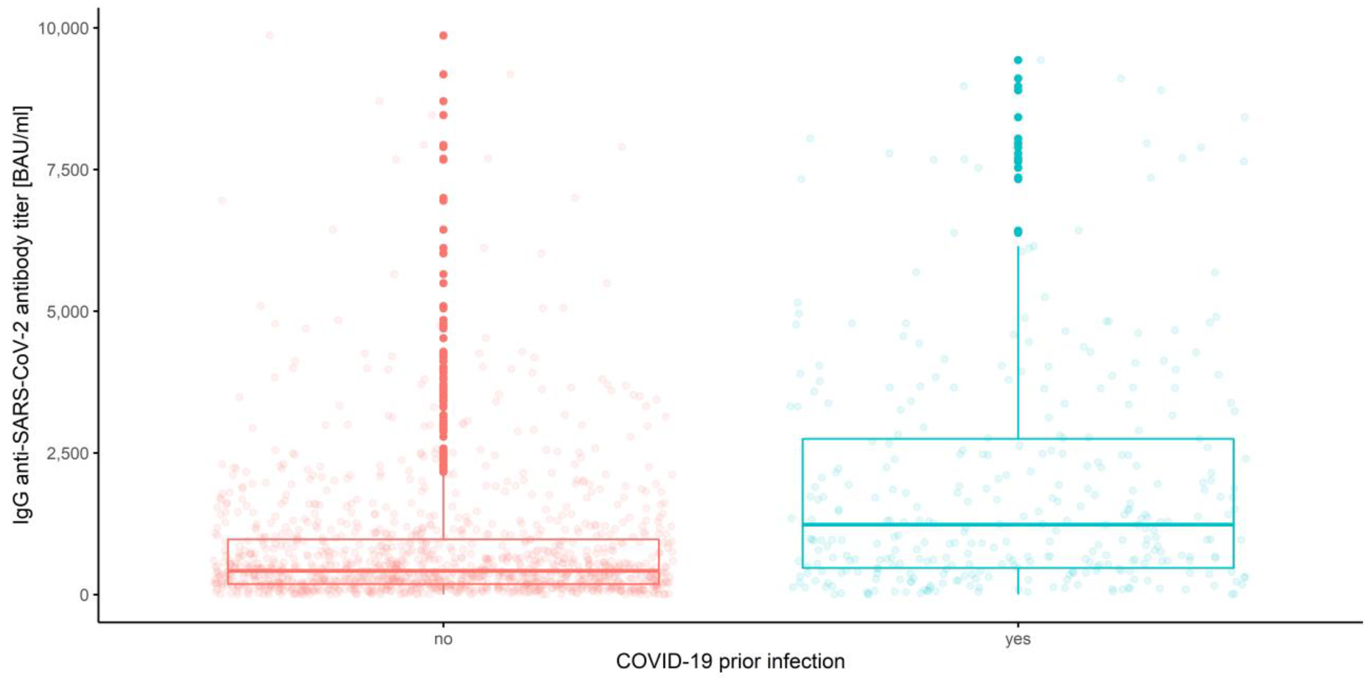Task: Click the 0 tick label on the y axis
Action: (84, 594)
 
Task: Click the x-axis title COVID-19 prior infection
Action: (730, 662)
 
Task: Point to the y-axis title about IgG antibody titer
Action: (22, 314)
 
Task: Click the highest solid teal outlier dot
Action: (1018, 60)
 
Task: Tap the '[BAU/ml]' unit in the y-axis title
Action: (22, 146)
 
